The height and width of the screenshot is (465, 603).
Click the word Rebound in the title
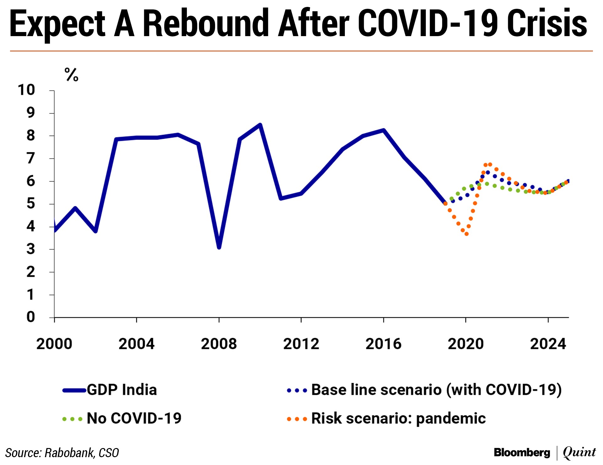(206, 24)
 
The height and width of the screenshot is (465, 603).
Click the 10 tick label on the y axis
(26, 90)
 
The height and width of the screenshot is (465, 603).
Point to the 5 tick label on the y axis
(30, 204)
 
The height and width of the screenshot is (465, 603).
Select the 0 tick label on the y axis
(30, 317)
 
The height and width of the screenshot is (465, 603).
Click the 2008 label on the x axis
(219, 344)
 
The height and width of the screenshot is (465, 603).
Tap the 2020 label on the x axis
(466, 344)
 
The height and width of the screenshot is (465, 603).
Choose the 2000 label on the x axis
(54, 344)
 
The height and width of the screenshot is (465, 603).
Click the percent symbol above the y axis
(71, 75)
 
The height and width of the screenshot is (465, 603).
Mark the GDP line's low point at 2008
(219, 247)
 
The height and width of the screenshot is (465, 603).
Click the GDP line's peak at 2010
(260, 125)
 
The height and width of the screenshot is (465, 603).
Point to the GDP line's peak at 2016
(383, 130)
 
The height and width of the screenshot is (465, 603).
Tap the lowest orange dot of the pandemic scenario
(467, 234)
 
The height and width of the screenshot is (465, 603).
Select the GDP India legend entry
(122, 390)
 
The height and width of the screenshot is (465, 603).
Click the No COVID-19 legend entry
(134, 419)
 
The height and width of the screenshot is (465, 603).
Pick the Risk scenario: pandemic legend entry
(398, 419)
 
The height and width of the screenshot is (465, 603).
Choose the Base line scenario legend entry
(436, 390)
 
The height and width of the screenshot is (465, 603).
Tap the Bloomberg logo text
(522, 452)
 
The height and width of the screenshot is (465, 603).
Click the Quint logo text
(579, 452)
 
